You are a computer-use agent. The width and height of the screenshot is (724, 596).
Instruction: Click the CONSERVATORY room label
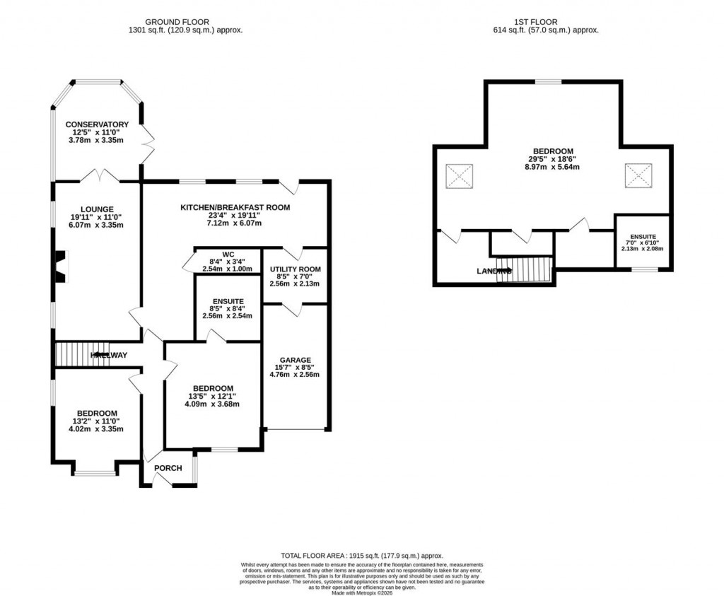coord(97,124)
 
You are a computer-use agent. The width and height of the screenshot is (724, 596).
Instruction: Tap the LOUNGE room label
coord(97,209)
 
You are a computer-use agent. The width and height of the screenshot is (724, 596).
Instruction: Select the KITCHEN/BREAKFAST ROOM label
coord(235,207)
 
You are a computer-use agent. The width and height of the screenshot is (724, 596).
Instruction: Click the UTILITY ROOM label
coord(295,269)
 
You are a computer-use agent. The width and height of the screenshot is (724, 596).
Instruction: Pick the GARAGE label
coord(295,360)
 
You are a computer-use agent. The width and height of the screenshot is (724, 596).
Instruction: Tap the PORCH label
coord(168,468)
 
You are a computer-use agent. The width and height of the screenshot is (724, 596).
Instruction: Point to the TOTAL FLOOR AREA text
coord(361,556)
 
